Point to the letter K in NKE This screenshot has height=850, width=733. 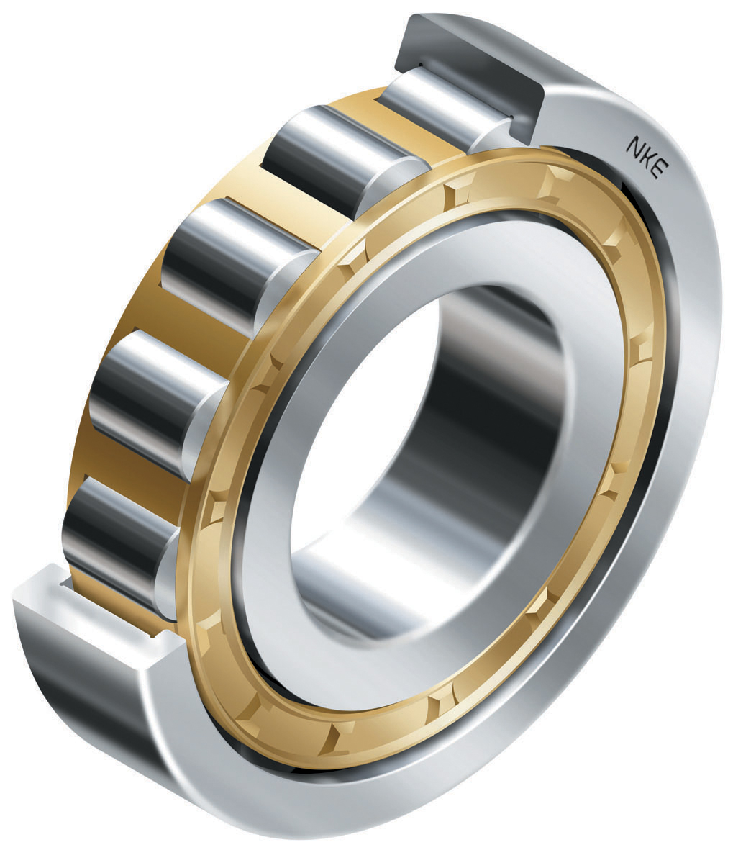(x=645, y=155)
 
